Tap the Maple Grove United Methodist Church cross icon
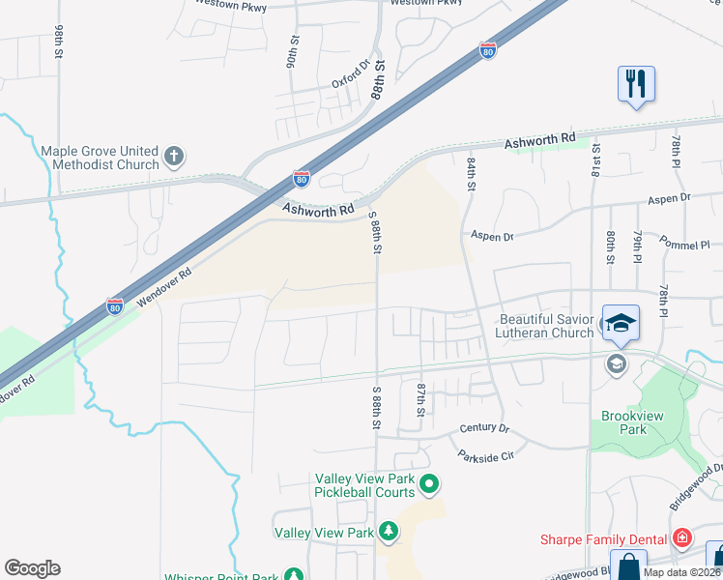174,156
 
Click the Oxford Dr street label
351,76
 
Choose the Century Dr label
484,427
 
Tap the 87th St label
421,398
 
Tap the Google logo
32,568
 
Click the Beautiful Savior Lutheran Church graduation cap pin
620,322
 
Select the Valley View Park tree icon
388,531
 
